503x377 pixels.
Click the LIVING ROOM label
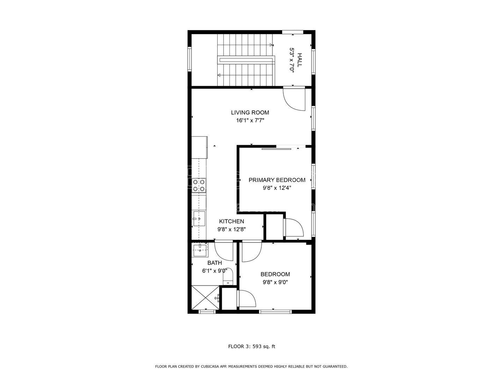click(250, 112)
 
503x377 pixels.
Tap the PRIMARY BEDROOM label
click(277, 180)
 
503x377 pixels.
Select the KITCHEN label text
click(231, 221)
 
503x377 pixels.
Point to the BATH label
click(214, 263)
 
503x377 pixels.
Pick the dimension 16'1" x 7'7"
click(250, 121)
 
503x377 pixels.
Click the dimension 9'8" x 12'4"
click(277, 188)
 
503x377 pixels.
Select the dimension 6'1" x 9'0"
click(214, 271)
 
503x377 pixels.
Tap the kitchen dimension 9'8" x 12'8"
click(231, 229)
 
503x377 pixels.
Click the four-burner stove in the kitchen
click(199, 185)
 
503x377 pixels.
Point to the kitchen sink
click(199, 219)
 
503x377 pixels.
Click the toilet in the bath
click(228, 276)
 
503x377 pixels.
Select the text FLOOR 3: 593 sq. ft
click(251, 347)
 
